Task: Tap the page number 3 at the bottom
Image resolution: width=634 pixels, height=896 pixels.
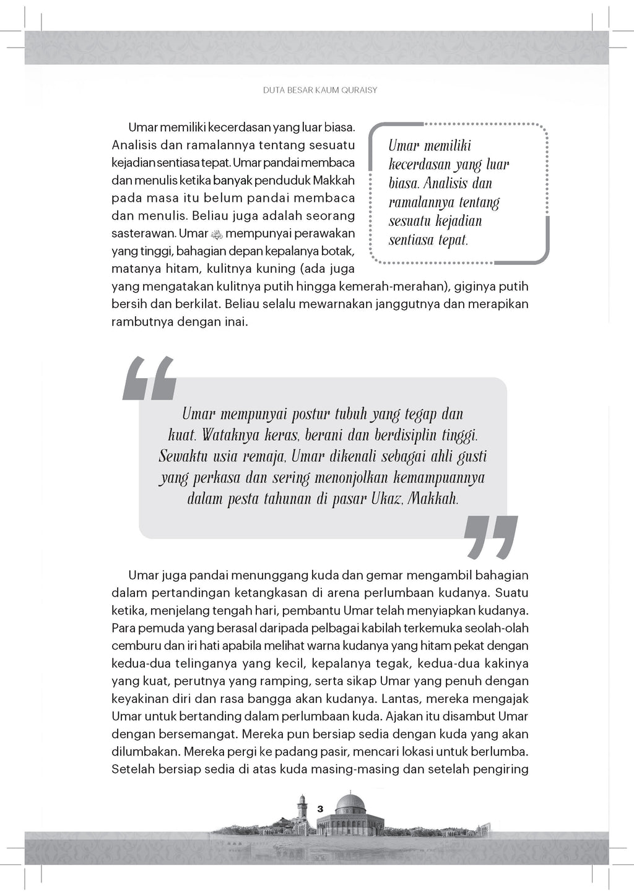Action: pos(320,809)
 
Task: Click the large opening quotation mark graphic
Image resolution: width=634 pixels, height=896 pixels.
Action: pos(149,378)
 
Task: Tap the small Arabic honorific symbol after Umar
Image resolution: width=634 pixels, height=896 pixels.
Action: pos(216,234)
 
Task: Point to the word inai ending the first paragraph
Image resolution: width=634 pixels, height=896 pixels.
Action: pos(234,322)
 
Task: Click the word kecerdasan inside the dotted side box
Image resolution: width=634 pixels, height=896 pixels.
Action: pos(419,165)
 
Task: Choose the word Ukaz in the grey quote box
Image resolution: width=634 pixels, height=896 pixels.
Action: pos(387,499)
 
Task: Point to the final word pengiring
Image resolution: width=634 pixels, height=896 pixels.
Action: pos(500,770)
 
